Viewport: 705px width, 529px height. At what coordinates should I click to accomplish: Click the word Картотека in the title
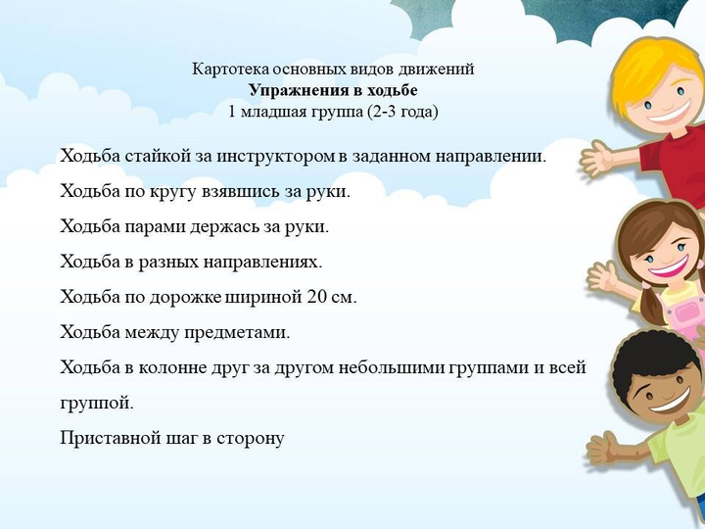231,70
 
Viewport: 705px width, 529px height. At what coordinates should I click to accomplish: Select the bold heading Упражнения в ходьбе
333,90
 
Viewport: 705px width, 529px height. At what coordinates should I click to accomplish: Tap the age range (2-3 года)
402,112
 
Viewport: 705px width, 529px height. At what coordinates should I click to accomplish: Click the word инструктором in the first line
276,157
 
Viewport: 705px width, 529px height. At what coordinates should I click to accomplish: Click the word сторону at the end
251,439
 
